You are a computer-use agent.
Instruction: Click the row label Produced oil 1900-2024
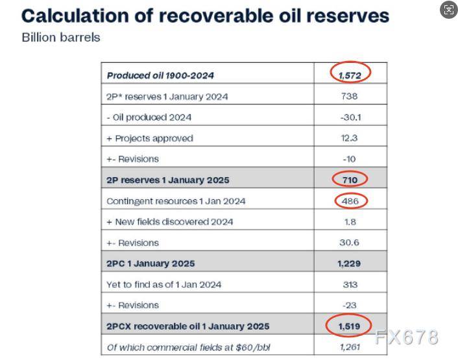(x=160, y=75)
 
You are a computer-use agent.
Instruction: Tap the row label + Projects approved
(x=149, y=138)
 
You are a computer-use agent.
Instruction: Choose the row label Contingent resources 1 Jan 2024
(x=176, y=201)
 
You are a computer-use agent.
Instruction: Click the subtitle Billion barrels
(x=61, y=38)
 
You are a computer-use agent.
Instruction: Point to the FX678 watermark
(x=407, y=337)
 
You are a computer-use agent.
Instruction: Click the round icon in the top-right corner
(x=448, y=10)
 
